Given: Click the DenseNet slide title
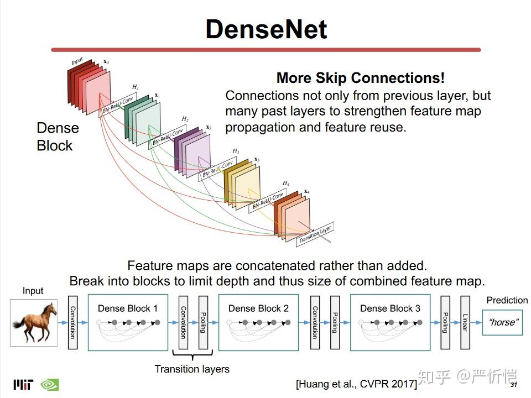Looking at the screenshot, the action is (x=266, y=29).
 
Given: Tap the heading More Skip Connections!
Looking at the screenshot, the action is (x=360, y=78).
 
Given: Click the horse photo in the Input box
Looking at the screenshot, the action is (x=34, y=322).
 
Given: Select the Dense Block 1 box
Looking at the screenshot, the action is (x=128, y=322).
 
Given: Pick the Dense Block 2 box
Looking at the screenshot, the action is (x=258, y=322).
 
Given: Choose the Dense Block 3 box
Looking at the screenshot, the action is (x=390, y=322).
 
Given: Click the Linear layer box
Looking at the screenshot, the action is (x=465, y=322).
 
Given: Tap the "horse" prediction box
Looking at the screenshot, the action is (x=502, y=322).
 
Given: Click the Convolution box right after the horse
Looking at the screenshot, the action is (x=73, y=322).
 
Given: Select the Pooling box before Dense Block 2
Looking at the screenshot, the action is (x=203, y=322).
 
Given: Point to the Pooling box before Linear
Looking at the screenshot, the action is (x=445, y=322).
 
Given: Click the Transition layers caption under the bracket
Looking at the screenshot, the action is (x=192, y=369).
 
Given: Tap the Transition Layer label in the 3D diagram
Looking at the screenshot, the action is (x=315, y=234).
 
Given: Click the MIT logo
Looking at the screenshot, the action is (x=23, y=385).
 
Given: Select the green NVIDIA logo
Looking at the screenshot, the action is (x=50, y=385).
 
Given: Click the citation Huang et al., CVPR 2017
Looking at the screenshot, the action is (x=356, y=384).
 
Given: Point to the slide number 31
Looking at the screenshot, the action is (x=514, y=385).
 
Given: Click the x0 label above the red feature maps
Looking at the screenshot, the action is (x=106, y=62).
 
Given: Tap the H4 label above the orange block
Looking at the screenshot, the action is (x=286, y=183).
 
